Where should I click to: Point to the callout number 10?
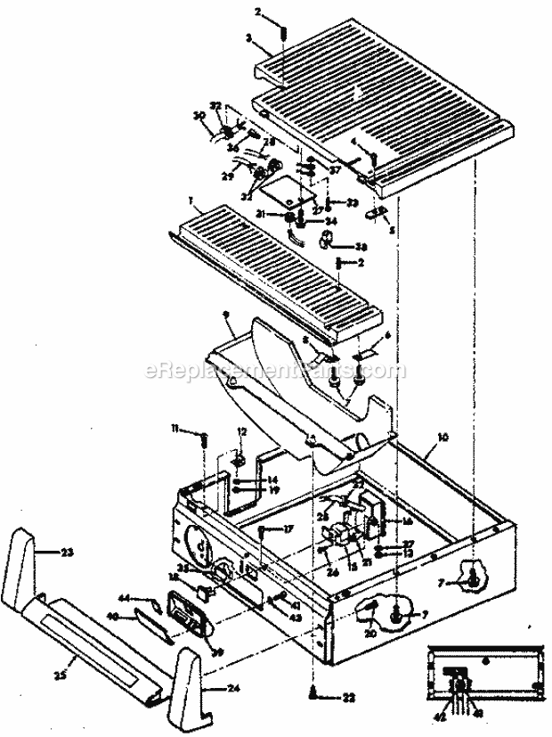pos(442,439)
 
